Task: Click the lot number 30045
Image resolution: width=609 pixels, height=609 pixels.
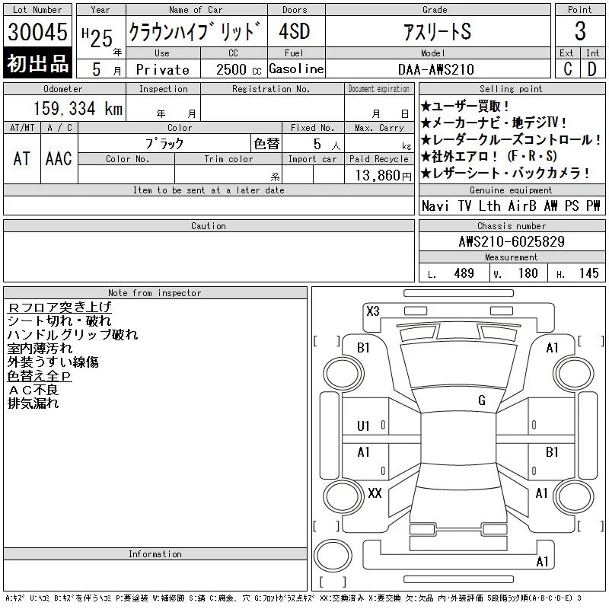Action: (x=37, y=32)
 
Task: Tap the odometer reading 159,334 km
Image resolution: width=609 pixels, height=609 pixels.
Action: (x=78, y=108)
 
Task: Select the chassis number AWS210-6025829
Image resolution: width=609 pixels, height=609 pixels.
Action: (x=512, y=241)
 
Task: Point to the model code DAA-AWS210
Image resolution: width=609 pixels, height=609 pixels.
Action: (x=435, y=69)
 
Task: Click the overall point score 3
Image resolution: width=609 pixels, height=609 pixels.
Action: (x=580, y=31)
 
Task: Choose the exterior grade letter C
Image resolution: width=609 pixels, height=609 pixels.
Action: (x=567, y=69)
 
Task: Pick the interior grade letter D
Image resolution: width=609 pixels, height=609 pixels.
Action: (x=592, y=69)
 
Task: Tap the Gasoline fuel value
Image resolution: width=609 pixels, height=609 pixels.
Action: (x=296, y=69)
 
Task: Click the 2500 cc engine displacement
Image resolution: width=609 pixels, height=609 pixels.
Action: (x=238, y=69)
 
